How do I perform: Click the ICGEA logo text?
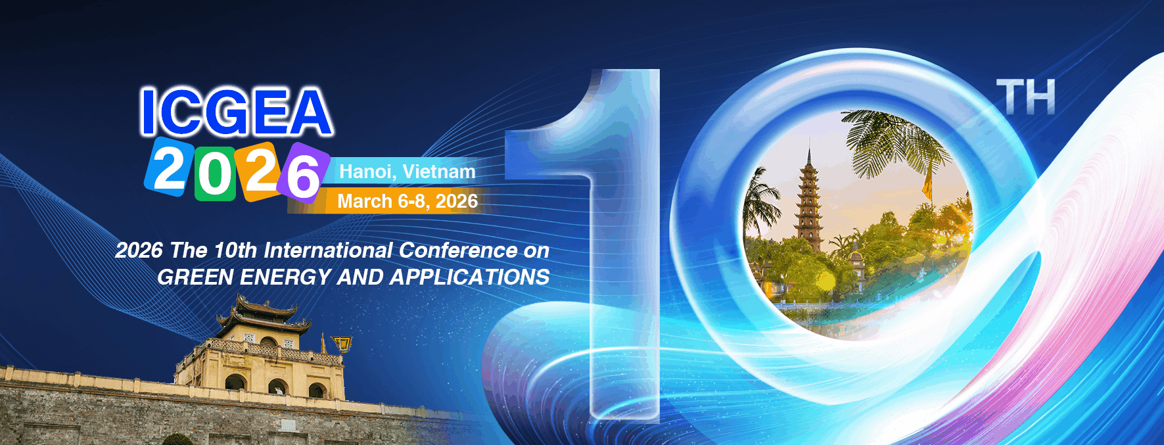236,112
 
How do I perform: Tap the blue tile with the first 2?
168,168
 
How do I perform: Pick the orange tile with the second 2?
260,171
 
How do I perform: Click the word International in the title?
328,250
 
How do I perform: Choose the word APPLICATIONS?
469,277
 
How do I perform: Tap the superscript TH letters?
1025,97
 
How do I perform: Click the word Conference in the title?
457,250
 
